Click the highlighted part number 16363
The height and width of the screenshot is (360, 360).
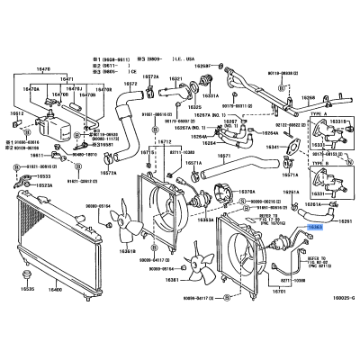315,229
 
